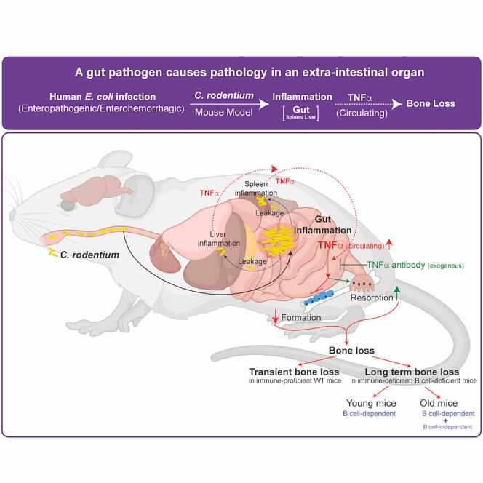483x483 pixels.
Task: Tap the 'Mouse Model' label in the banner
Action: coord(224,112)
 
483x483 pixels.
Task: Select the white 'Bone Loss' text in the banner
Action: coord(431,103)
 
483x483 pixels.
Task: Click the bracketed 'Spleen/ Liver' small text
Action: coord(300,117)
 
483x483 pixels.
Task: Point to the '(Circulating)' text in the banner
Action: coord(362,113)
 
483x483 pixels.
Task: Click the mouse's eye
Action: coord(67,205)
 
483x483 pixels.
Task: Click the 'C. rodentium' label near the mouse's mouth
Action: coord(89,255)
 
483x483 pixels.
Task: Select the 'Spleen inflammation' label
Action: coord(256,188)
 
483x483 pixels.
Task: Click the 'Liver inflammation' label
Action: coord(219,239)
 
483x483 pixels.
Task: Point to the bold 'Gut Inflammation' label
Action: coord(322,225)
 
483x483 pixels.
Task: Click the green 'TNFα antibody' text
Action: coord(396,265)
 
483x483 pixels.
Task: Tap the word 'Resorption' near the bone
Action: coord(372,298)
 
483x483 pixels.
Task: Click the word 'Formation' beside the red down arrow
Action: coord(301,318)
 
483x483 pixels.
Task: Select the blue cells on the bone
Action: coord(319,297)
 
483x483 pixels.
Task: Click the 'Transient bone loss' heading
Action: coord(294,372)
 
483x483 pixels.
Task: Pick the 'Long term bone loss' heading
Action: coord(412,372)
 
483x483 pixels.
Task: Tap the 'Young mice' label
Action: coord(371,403)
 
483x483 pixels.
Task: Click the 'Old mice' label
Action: coord(439,403)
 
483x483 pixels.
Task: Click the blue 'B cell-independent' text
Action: coord(447,427)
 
